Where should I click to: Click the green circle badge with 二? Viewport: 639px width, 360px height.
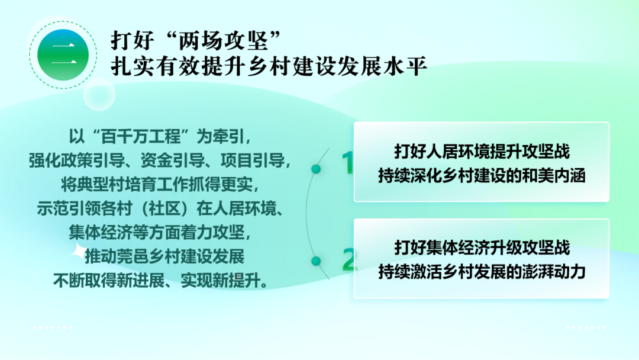pos(63,55)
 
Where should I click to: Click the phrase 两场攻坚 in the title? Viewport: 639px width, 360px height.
pos(223,40)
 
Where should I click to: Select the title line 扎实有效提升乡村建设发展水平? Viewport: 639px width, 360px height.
pos(269,66)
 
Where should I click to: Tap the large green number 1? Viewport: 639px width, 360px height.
pos(347,163)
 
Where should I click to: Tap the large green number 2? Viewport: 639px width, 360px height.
pos(350,259)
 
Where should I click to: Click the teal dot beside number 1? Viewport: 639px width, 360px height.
pos(316,169)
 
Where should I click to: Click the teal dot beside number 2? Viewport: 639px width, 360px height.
pos(316,261)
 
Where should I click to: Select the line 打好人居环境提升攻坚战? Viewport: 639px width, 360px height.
pos(482,152)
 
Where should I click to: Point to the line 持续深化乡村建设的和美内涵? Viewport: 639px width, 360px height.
pos(482,176)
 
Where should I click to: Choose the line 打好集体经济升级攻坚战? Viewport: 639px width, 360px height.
pos(482,248)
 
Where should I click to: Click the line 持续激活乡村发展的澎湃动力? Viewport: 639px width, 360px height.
pos(482,272)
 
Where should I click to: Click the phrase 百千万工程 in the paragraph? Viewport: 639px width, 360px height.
pos(141,137)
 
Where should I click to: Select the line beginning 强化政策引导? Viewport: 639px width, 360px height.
pos(160,160)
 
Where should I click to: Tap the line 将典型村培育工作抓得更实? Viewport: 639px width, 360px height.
pos(160,185)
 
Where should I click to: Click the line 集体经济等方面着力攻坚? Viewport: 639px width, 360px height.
pos(160,233)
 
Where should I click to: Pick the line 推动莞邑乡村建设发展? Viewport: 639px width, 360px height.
pos(164,257)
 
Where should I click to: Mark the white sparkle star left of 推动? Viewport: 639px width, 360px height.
pos(78,252)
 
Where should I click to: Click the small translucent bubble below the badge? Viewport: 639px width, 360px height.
pos(99,95)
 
